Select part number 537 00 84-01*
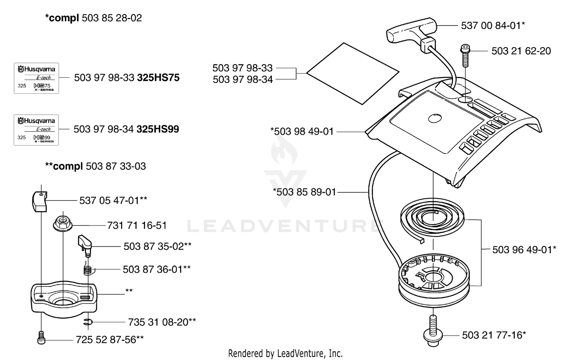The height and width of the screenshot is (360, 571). point(493,26)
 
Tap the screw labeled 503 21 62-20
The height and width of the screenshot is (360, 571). point(466,56)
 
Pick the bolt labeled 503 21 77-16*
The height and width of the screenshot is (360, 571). point(433,331)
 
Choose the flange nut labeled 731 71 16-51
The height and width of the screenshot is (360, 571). point(63,224)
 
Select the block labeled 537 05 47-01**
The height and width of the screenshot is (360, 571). point(40,202)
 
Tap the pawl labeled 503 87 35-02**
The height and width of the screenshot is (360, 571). point(85,246)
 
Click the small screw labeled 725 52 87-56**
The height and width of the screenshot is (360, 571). point(41,338)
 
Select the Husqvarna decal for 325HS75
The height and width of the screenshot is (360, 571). point(37,78)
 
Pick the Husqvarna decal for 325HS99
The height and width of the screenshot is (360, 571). point(36,130)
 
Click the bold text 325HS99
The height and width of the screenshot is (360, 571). point(158,129)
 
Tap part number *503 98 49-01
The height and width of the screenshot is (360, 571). point(302,132)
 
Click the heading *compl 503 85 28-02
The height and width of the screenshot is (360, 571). point(93,18)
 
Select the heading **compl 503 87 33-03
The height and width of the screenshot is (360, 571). point(95,166)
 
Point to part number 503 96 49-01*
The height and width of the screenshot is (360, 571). point(524,250)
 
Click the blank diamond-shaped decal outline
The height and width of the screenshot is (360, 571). point(353,74)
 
